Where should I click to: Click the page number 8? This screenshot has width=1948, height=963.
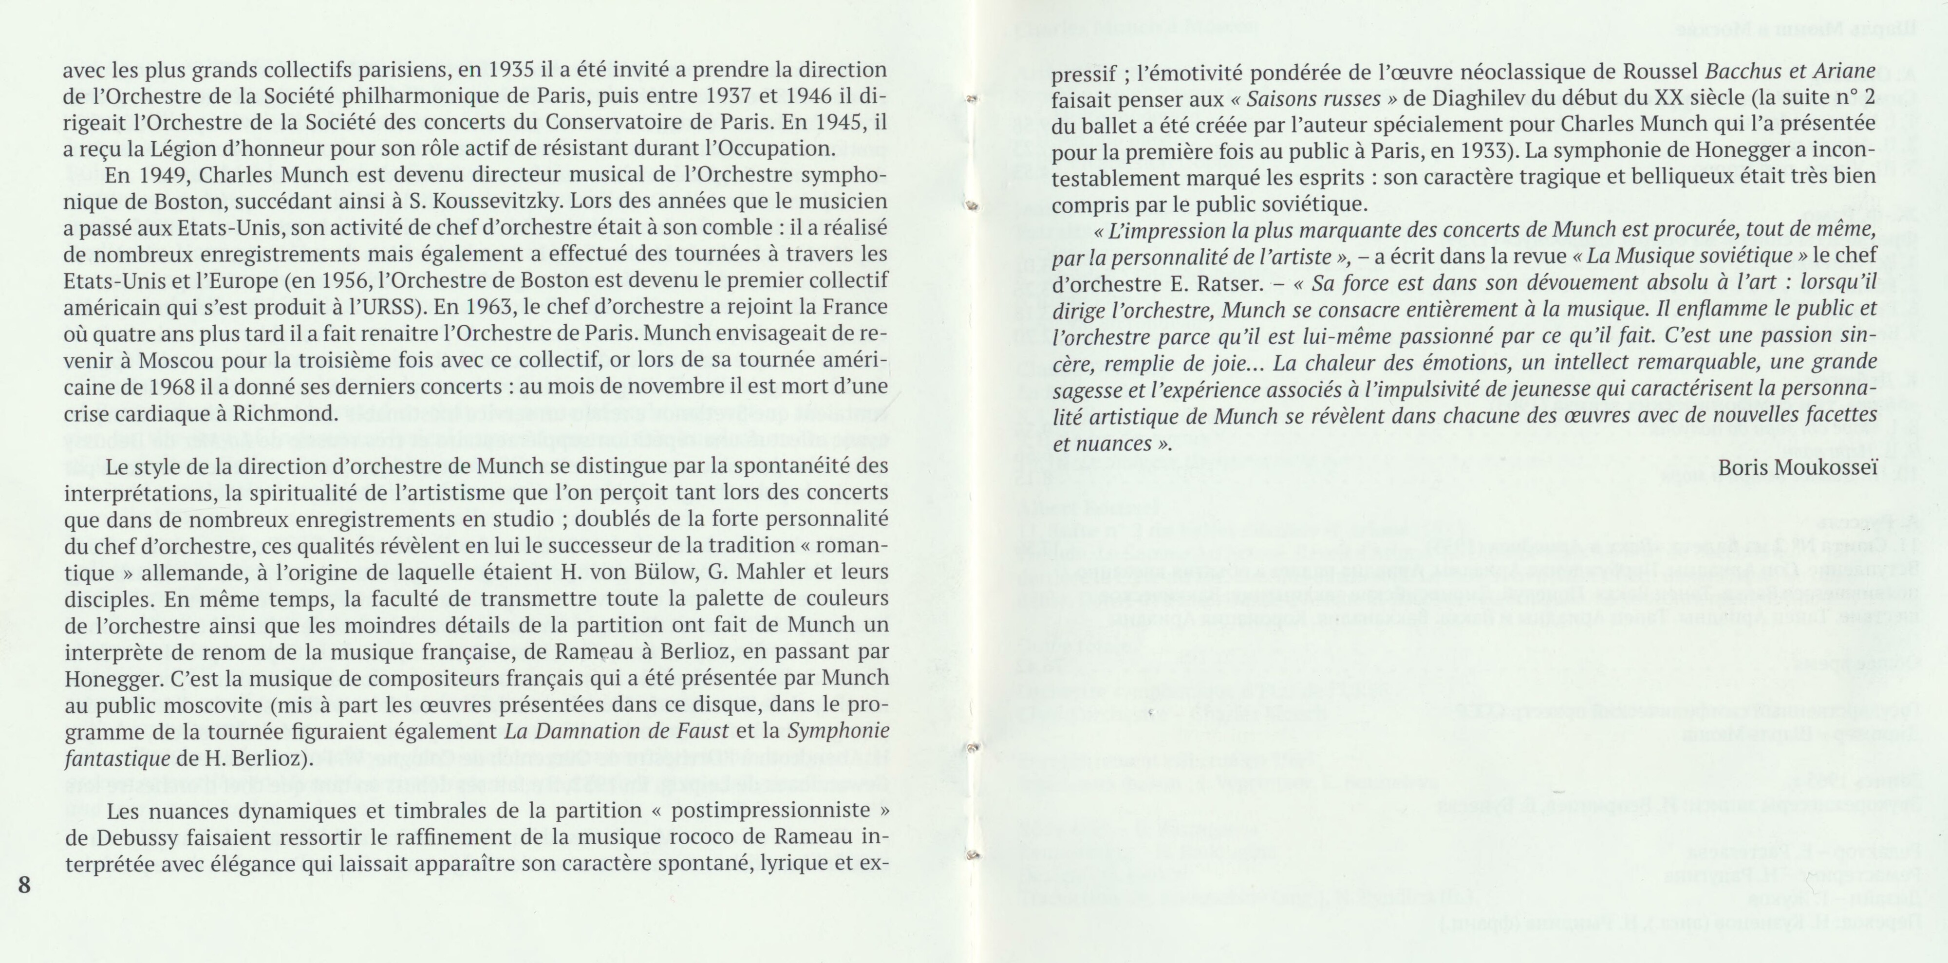(x=24, y=885)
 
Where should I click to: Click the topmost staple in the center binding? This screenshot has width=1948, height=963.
(x=973, y=99)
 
